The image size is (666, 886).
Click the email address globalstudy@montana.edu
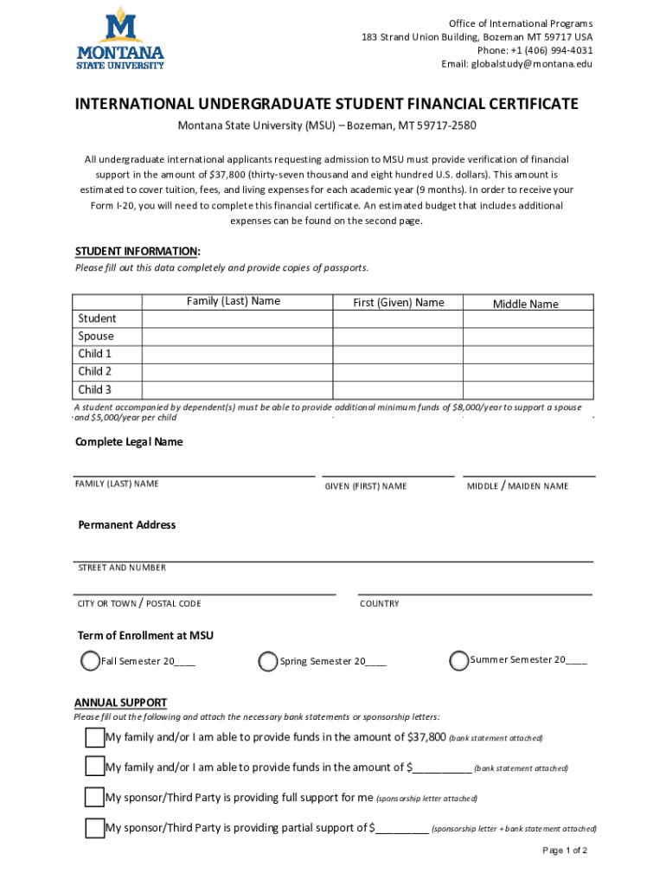point(517,64)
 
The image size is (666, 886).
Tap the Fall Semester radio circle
point(90,662)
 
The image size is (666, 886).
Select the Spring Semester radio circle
point(269,662)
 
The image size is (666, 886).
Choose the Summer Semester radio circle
point(459,661)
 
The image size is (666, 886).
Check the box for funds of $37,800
point(95,738)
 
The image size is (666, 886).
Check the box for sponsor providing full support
point(95,797)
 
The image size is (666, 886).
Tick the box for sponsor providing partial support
point(95,828)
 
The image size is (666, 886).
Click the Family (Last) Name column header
point(234,302)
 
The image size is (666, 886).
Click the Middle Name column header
point(526,304)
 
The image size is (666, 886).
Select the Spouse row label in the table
point(96,337)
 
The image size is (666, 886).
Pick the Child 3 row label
point(95,389)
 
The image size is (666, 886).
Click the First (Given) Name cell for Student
point(398,319)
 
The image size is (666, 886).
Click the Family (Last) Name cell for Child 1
point(237,354)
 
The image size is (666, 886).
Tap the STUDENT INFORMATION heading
point(138,252)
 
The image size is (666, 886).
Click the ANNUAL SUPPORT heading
point(120,703)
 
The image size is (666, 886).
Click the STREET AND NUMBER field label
point(122,568)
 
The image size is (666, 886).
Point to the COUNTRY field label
point(380,604)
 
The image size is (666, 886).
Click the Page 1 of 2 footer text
point(565,851)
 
